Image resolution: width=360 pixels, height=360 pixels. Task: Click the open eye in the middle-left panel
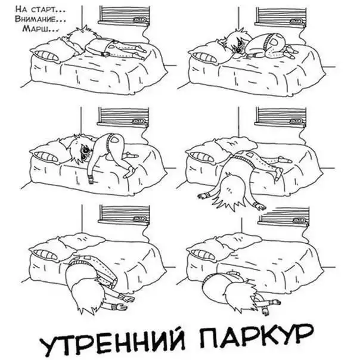coord(85,151)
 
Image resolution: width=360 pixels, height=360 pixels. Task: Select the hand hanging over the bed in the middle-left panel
coord(91,178)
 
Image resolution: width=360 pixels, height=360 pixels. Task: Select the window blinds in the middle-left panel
coord(123,116)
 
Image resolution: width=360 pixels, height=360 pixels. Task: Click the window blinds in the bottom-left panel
coord(125,214)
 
